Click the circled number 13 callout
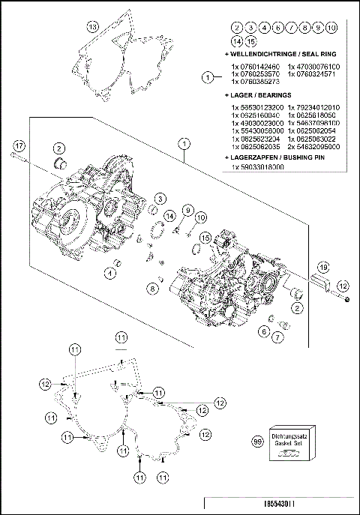[92, 26]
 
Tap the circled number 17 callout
[19, 144]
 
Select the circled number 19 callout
[322, 267]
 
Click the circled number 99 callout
[258, 442]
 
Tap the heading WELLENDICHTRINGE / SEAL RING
[274, 54]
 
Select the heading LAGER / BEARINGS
[258, 96]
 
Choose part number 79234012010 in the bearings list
[319, 107]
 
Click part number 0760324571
[319, 74]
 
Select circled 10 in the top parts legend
[331, 26]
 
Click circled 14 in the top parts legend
[235, 40]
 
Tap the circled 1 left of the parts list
[208, 76]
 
